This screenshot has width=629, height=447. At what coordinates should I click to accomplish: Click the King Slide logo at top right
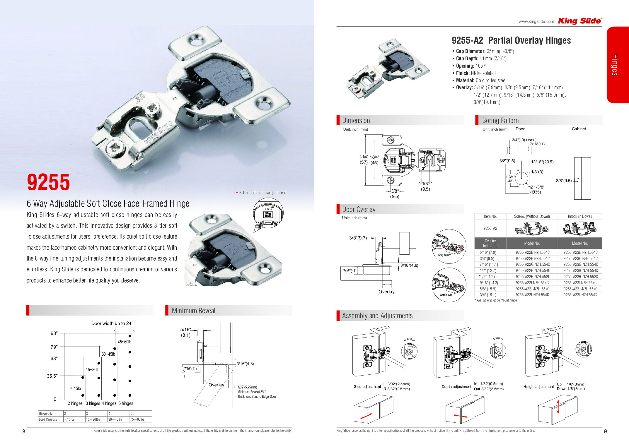[580, 21]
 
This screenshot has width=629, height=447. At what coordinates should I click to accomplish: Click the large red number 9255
[48, 182]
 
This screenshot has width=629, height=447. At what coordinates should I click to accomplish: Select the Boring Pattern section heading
[500, 120]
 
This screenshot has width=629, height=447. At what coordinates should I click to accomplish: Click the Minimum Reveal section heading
[193, 311]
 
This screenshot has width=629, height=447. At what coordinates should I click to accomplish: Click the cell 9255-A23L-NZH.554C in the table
[580, 295]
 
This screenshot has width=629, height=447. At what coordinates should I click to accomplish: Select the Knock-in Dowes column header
[580, 216]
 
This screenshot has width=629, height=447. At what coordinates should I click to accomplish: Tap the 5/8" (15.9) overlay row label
[488, 289]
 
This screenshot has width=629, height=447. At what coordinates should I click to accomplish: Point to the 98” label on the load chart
[54, 333]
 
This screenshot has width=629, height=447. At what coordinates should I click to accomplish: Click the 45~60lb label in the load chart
[124, 342]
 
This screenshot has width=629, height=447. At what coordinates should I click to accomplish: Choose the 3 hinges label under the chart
[93, 403]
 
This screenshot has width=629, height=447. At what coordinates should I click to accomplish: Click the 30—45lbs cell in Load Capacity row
[115, 419]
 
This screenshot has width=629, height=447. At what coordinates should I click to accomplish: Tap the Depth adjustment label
[456, 386]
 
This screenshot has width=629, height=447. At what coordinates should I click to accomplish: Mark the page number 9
[605, 431]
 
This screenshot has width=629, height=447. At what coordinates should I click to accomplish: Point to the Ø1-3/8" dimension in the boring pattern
[537, 187]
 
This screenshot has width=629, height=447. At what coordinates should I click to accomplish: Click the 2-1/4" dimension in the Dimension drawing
[364, 157]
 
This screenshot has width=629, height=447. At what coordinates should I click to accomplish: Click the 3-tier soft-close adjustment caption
[262, 193]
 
